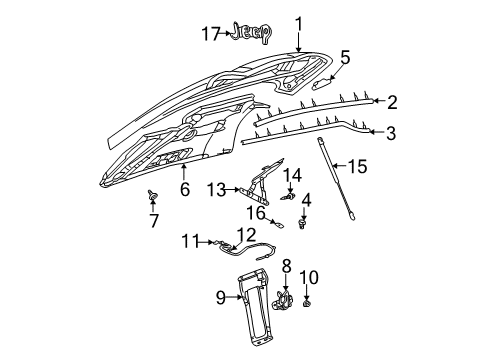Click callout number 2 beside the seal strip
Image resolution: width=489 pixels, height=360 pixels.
[393, 101]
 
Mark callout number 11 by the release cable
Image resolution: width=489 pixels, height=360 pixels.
[189, 267]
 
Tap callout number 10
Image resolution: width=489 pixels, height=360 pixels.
[308, 276]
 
